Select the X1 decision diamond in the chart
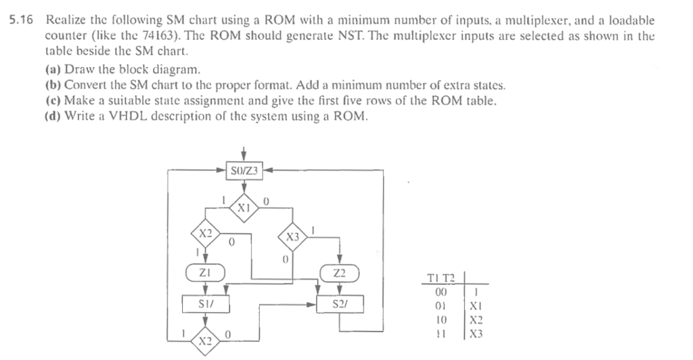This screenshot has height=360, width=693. click(x=243, y=207)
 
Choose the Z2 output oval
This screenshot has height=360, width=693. click(x=340, y=273)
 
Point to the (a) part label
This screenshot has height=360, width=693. click(x=53, y=69)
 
